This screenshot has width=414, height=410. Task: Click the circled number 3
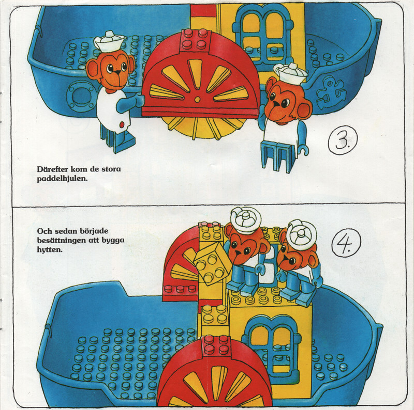[343, 139]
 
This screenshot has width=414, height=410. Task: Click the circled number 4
[346, 243]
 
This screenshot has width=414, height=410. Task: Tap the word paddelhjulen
[62, 179]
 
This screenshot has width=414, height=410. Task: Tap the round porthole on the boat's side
[81, 96]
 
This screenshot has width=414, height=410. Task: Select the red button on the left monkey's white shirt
[122, 124]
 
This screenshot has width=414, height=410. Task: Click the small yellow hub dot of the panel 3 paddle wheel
[197, 99]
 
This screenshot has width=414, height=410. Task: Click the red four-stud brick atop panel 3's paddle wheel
[196, 41]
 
